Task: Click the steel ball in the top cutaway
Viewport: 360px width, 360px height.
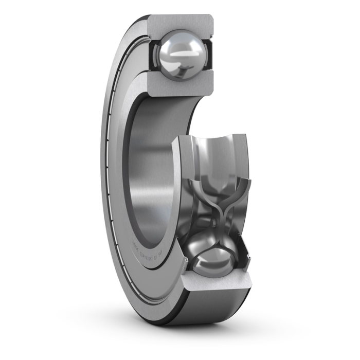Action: [181, 55]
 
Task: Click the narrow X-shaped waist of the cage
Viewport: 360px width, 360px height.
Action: [215, 217]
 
